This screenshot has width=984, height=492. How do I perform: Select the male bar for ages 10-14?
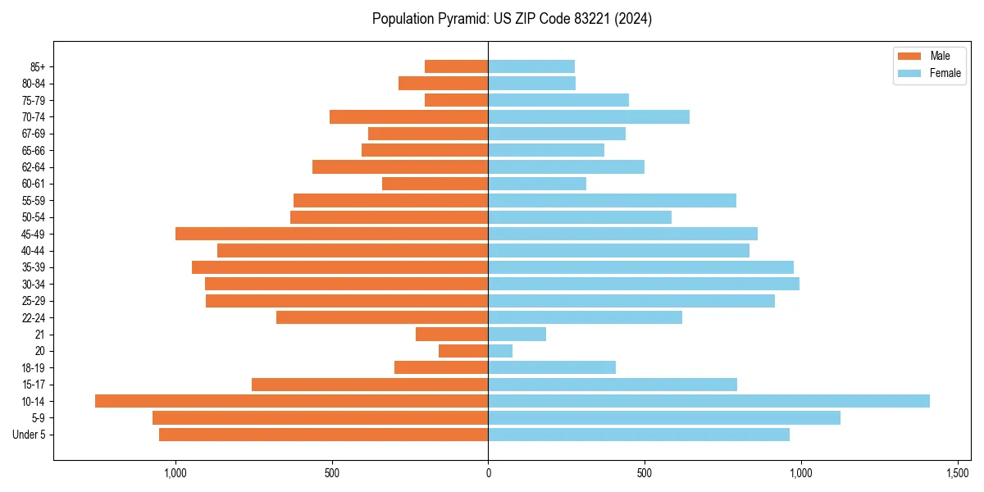coord(291,401)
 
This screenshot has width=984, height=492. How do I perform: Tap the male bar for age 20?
coord(463,351)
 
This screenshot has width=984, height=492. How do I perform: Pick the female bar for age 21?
coord(517,334)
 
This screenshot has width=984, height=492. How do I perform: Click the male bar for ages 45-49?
coord(331,234)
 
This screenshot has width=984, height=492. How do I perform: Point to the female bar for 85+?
coord(531,66)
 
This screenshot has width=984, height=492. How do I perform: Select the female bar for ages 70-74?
coord(589,116)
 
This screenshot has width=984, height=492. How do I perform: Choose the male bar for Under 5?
coord(323,435)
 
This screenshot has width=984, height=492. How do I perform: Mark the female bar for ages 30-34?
coord(644,284)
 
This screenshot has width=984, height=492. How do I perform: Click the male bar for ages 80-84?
coord(443,83)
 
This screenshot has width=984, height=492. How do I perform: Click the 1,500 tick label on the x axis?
coord(958,474)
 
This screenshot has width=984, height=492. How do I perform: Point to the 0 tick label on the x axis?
coord(488,474)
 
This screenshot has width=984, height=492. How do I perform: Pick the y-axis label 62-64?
coord(39,167)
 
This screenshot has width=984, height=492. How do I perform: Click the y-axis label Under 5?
coord(34,435)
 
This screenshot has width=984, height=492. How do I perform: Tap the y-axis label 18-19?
coord(39,367)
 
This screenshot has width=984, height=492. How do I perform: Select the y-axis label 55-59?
coord(39,200)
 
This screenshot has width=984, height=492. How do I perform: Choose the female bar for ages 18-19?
coord(552,367)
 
